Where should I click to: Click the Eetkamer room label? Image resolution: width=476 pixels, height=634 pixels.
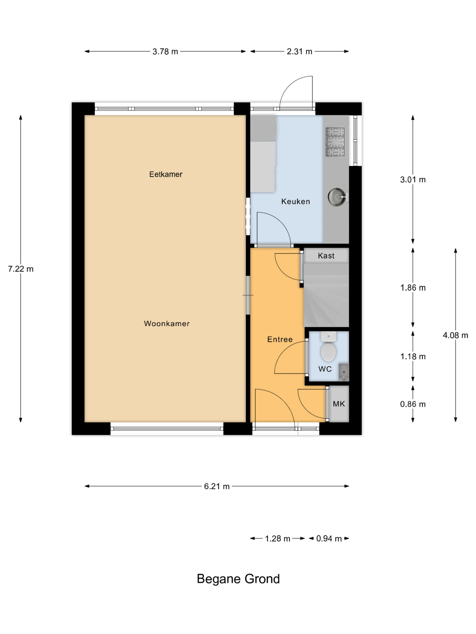(x=166, y=174)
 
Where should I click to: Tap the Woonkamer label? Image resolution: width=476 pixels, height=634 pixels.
(x=167, y=324)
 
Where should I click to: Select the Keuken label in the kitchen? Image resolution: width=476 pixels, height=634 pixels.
(x=296, y=202)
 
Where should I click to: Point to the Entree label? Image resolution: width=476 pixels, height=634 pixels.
(x=280, y=339)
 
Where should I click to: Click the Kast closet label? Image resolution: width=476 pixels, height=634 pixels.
(x=326, y=256)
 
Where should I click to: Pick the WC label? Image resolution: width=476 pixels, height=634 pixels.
(x=325, y=369)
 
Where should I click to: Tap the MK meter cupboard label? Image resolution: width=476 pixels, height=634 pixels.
(x=339, y=404)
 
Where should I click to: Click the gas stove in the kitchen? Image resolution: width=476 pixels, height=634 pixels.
(x=335, y=142)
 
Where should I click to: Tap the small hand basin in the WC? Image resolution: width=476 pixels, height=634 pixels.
(x=343, y=372)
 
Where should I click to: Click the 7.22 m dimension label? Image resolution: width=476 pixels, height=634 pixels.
(x=21, y=269)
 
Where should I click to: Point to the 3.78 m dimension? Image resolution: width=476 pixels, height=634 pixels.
(x=165, y=52)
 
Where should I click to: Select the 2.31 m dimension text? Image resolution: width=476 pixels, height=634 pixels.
(x=299, y=52)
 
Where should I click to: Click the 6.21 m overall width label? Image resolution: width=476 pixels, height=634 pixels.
(x=217, y=486)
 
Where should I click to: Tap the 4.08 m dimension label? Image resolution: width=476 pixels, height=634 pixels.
(x=455, y=335)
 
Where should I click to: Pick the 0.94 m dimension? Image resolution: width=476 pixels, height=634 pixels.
(x=329, y=539)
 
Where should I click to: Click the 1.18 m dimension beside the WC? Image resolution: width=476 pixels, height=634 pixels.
(x=413, y=357)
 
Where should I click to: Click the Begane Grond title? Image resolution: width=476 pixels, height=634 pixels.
(x=238, y=579)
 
